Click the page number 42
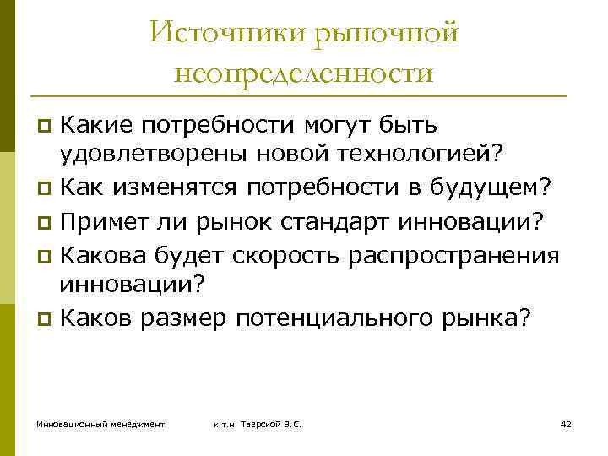coord(566,423)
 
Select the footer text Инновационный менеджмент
coord(100,423)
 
